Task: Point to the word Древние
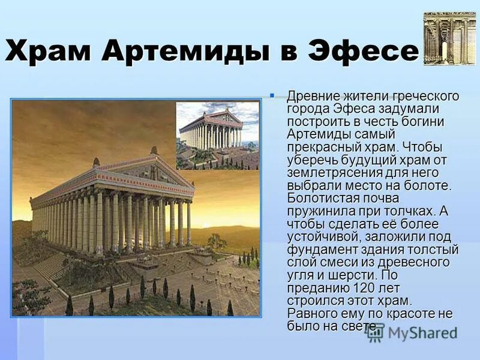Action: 314,97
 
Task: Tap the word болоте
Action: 427,185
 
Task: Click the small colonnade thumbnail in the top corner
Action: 449,38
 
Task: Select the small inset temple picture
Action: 217,134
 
